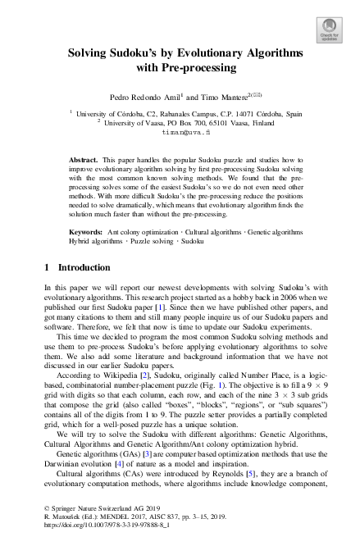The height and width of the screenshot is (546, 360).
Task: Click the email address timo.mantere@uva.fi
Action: pyautogui.click(x=186, y=131)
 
